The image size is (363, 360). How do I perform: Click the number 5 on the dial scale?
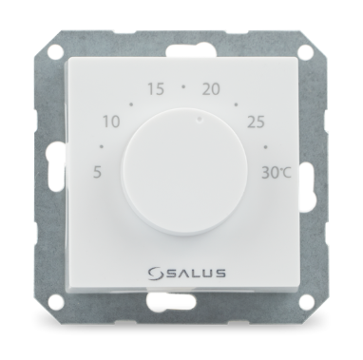pyautogui.click(x=98, y=174)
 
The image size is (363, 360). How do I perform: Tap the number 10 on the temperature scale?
pyautogui.click(x=112, y=122)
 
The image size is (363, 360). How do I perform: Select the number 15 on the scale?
pyautogui.click(x=156, y=89)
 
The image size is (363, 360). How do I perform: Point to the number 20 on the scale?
pyautogui.click(x=211, y=89)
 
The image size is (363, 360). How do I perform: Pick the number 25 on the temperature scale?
pyautogui.click(x=256, y=122)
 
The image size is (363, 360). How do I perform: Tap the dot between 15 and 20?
pyautogui.click(x=183, y=86)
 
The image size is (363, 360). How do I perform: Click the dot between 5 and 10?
pyautogui.click(x=102, y=146)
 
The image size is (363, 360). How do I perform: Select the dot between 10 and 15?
pyautogui.click(x=131, y=104)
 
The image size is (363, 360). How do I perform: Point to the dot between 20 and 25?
pyautogui.click(x=236, y=104)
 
